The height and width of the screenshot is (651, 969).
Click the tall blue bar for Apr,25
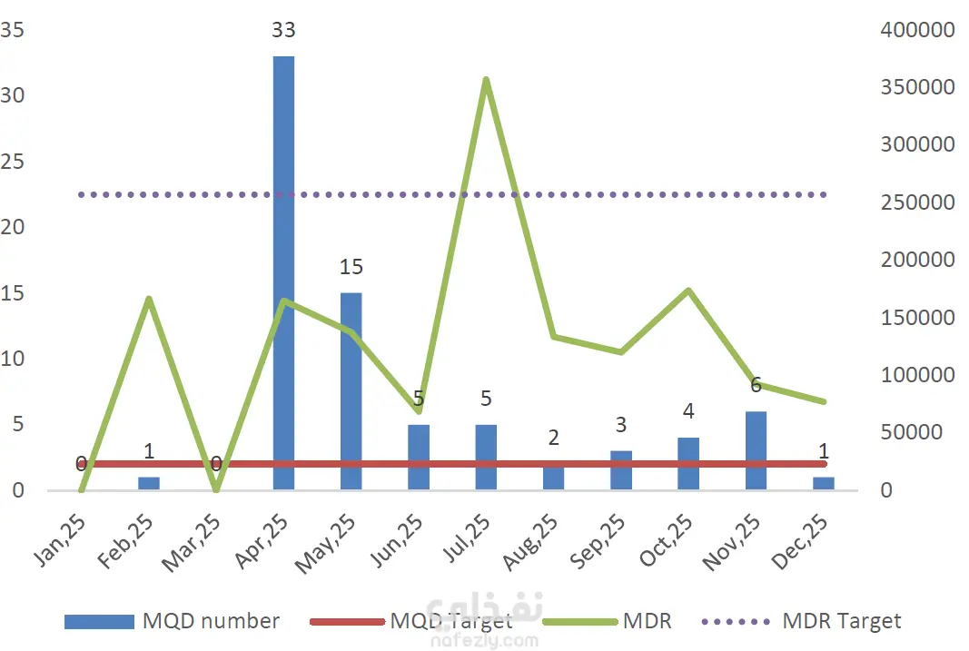pyautogui.click(x=283, y=272)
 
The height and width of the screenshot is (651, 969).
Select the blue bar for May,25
pyautogui.click(x=351, y=390)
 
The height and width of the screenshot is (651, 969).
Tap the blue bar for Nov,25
pyautogui.click(x=756, y=450)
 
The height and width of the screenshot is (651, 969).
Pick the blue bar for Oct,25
pyautogui.click(x=688, y=463)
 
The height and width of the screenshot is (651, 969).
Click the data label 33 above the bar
pyautogui.click(x=283, y=30)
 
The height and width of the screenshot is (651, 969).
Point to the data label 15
pyautogui.click(x=351, y=267)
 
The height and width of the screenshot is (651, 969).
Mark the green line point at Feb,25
pyautogui.click(x=149, y=299)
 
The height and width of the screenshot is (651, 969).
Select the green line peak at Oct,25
pyautogui.click(x=688, y=291)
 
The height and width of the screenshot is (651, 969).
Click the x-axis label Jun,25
pyautogui.click(x=400, y=539)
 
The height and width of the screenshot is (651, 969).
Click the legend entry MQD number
pyautogui.click(x=211, y=621)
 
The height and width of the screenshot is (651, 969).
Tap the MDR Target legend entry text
pyautogui.click(x=841, y=621)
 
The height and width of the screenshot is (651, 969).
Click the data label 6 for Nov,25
pyautogui.click(x=756, y=385)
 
